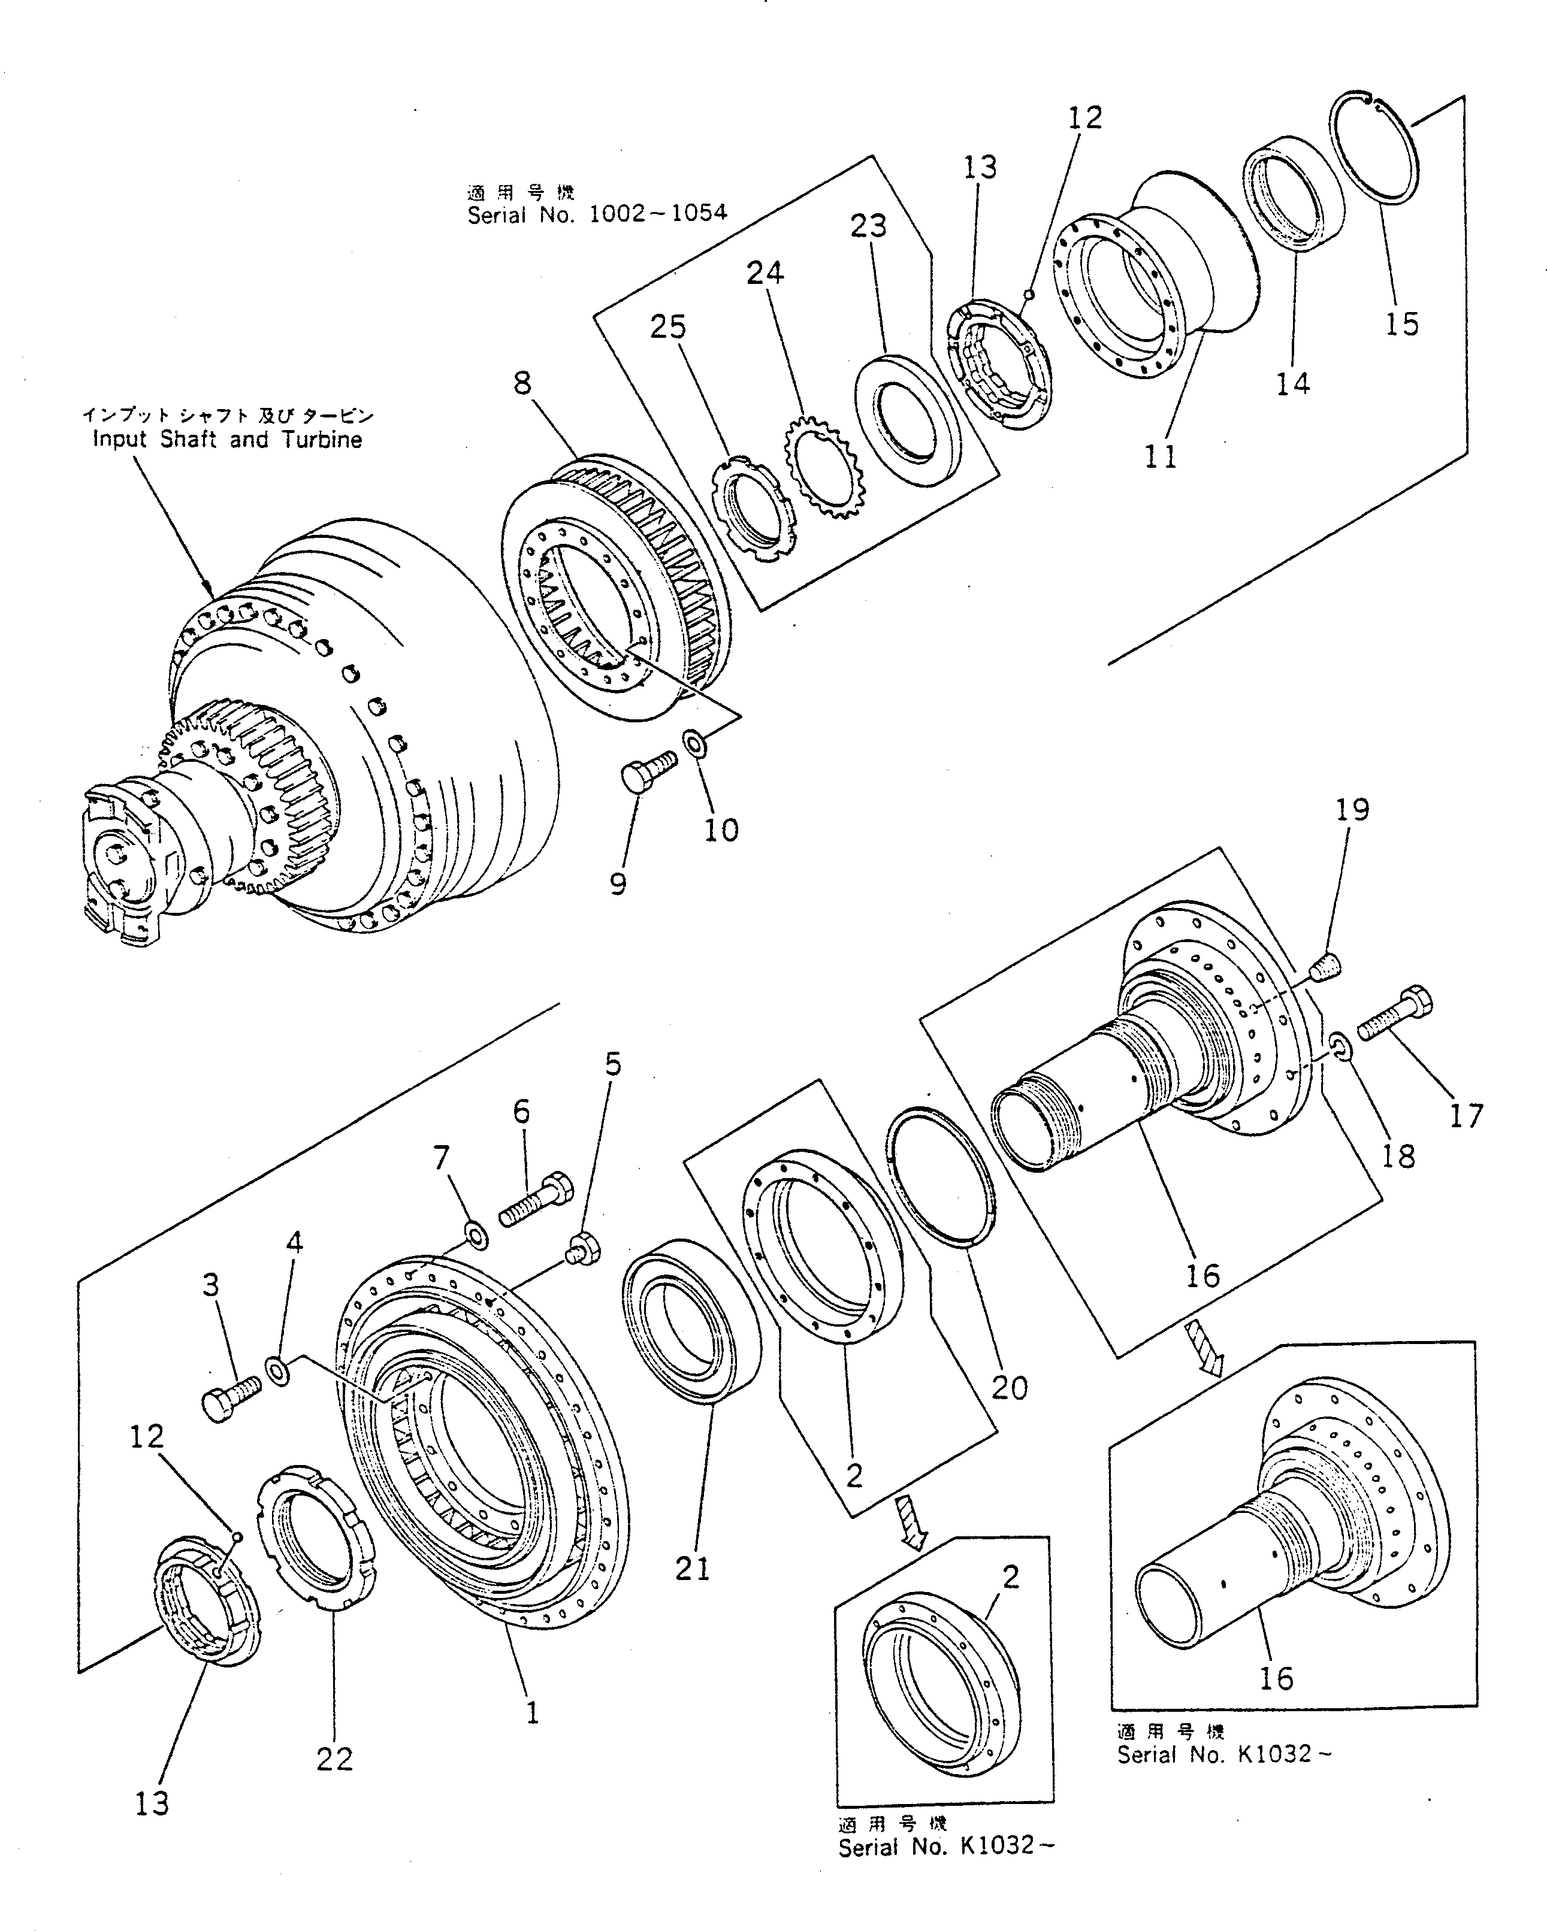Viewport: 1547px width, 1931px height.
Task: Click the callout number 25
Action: pos(667,327)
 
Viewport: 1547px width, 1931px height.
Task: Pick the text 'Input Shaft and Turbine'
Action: pos(228,440)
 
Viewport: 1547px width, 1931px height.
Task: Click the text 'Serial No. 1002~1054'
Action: pos(597,214)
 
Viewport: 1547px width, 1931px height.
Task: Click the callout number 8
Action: pos(522,383)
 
